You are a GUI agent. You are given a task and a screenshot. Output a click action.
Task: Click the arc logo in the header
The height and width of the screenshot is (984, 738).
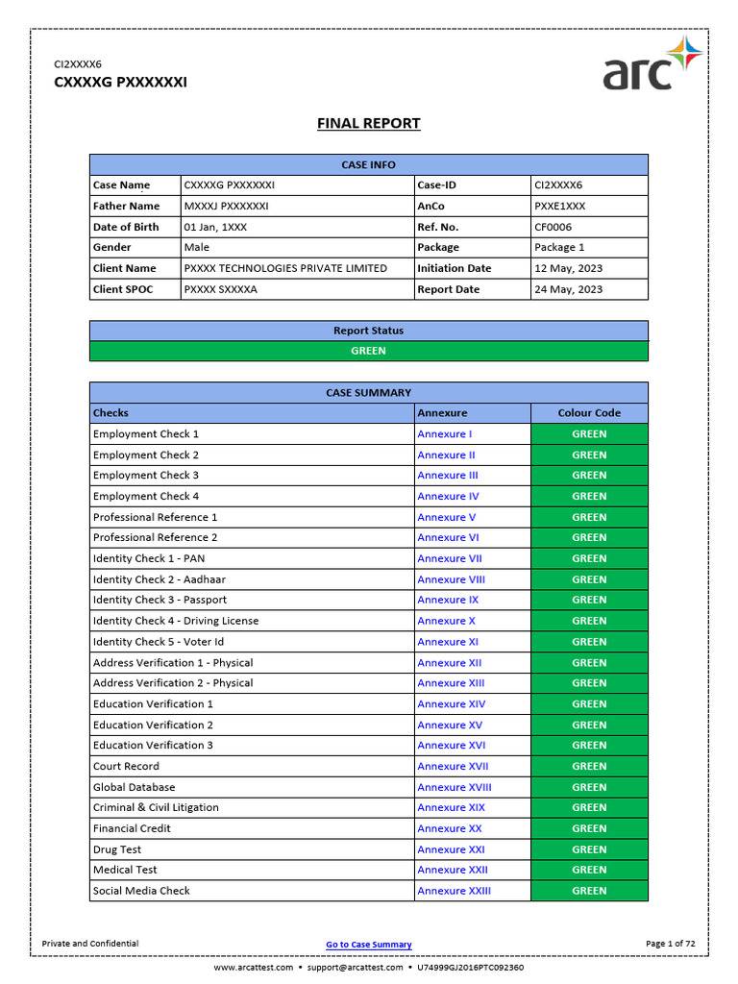(x=652, y=64)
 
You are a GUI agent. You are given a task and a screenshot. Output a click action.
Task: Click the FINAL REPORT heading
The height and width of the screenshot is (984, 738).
(x=369, y=123)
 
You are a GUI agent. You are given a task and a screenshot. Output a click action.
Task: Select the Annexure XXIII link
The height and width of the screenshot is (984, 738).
(x=454, y=891)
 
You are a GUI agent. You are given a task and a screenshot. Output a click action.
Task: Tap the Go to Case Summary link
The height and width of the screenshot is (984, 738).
(x=369, y=945)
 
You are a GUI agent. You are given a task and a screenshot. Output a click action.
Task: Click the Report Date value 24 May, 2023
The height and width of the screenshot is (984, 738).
(x=569, y=289)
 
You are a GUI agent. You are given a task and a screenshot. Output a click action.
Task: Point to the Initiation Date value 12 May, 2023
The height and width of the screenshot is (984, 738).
(x=569, y=268)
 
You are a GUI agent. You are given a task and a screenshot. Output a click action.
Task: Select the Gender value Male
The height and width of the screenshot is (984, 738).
(x=196, y=247)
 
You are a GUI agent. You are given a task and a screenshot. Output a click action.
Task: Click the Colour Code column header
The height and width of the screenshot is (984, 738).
(x=589, y=413)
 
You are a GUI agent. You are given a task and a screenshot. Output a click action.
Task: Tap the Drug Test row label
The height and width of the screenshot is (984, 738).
(x=117, y=849)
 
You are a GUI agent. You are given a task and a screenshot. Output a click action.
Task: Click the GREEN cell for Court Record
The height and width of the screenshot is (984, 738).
(x=589, y=766)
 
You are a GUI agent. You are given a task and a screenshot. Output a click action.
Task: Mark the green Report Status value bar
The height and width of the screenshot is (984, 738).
(x=369, y=351)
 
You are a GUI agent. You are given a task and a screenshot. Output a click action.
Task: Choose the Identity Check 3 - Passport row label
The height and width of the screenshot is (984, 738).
(x=160, y=600)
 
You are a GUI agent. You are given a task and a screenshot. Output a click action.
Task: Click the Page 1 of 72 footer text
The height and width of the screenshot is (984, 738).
(x=671, y=944)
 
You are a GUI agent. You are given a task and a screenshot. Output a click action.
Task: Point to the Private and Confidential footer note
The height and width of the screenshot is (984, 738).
(x=90, y=944)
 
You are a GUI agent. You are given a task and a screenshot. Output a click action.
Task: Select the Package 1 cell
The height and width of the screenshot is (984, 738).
(x=559, y=247)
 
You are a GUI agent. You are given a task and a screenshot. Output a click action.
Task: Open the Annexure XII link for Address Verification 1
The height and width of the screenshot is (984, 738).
(x=450, y=663)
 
